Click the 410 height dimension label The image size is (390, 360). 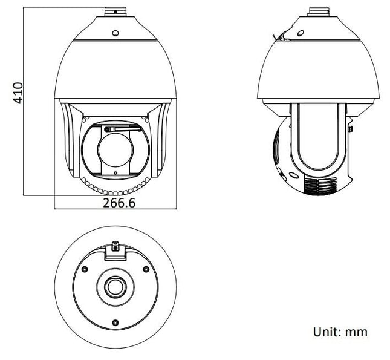(19, 93)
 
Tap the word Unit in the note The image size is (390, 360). (325, 332)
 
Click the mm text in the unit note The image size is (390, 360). (357, 332)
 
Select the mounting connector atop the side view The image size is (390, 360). (319, 11)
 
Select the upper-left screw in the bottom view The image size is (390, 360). (85, 269)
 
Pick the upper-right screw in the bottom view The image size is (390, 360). (145, 269)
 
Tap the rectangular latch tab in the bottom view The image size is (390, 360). (114, 251)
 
